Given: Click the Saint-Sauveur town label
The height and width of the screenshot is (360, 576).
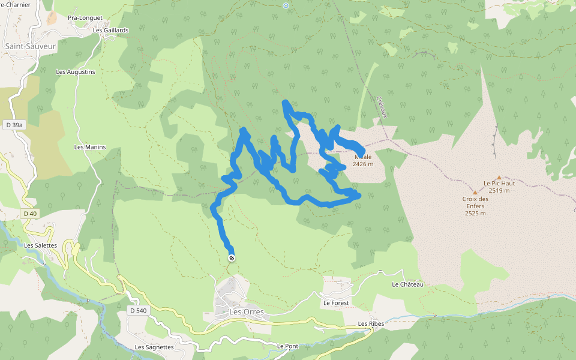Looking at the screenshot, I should [30, 46].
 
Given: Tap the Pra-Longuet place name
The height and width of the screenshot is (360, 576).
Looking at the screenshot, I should [85, 18].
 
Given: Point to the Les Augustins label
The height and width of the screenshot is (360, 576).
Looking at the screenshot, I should [76, 72].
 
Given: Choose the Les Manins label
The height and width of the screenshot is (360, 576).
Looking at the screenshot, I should [90, 147].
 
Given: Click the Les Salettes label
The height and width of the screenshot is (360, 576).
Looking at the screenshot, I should [41, 245].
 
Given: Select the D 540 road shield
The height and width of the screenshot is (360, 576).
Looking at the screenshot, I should [137, 310].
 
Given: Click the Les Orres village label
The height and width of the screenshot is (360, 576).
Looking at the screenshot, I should [247, 312].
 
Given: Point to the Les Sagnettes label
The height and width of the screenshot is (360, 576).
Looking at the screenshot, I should [154, 347].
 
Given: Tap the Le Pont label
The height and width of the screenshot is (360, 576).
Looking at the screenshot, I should [287, 346].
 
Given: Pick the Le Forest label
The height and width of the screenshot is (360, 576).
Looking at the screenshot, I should [336, 303].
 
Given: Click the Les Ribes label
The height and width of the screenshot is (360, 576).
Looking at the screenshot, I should [371, 324].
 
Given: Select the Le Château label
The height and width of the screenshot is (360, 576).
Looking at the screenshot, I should [408, 284].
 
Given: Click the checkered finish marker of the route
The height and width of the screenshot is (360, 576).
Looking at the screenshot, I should [232, 258].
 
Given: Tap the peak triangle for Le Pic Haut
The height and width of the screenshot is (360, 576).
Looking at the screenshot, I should [499, 177].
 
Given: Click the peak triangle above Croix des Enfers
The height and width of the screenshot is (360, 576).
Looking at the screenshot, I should [475, 193].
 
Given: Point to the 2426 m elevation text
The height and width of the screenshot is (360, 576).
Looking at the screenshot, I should [363, 164].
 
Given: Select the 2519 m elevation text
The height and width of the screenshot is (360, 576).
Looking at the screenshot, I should [499, 191].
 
